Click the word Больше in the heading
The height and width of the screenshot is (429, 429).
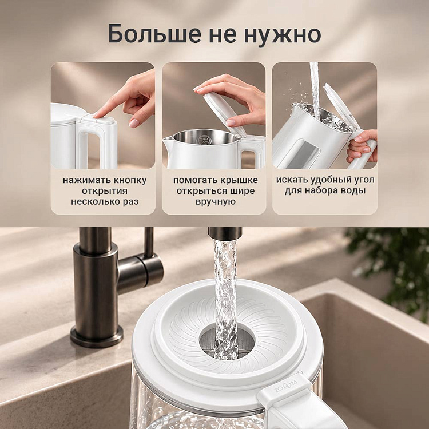(x=154, y=34)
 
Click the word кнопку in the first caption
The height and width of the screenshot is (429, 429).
(x=130, y=181)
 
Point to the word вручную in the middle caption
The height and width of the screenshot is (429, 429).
(x=216, y=202)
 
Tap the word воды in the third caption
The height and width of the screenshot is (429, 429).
(x=353, y=190)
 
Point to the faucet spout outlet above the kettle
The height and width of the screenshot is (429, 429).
(x=225, y=233)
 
